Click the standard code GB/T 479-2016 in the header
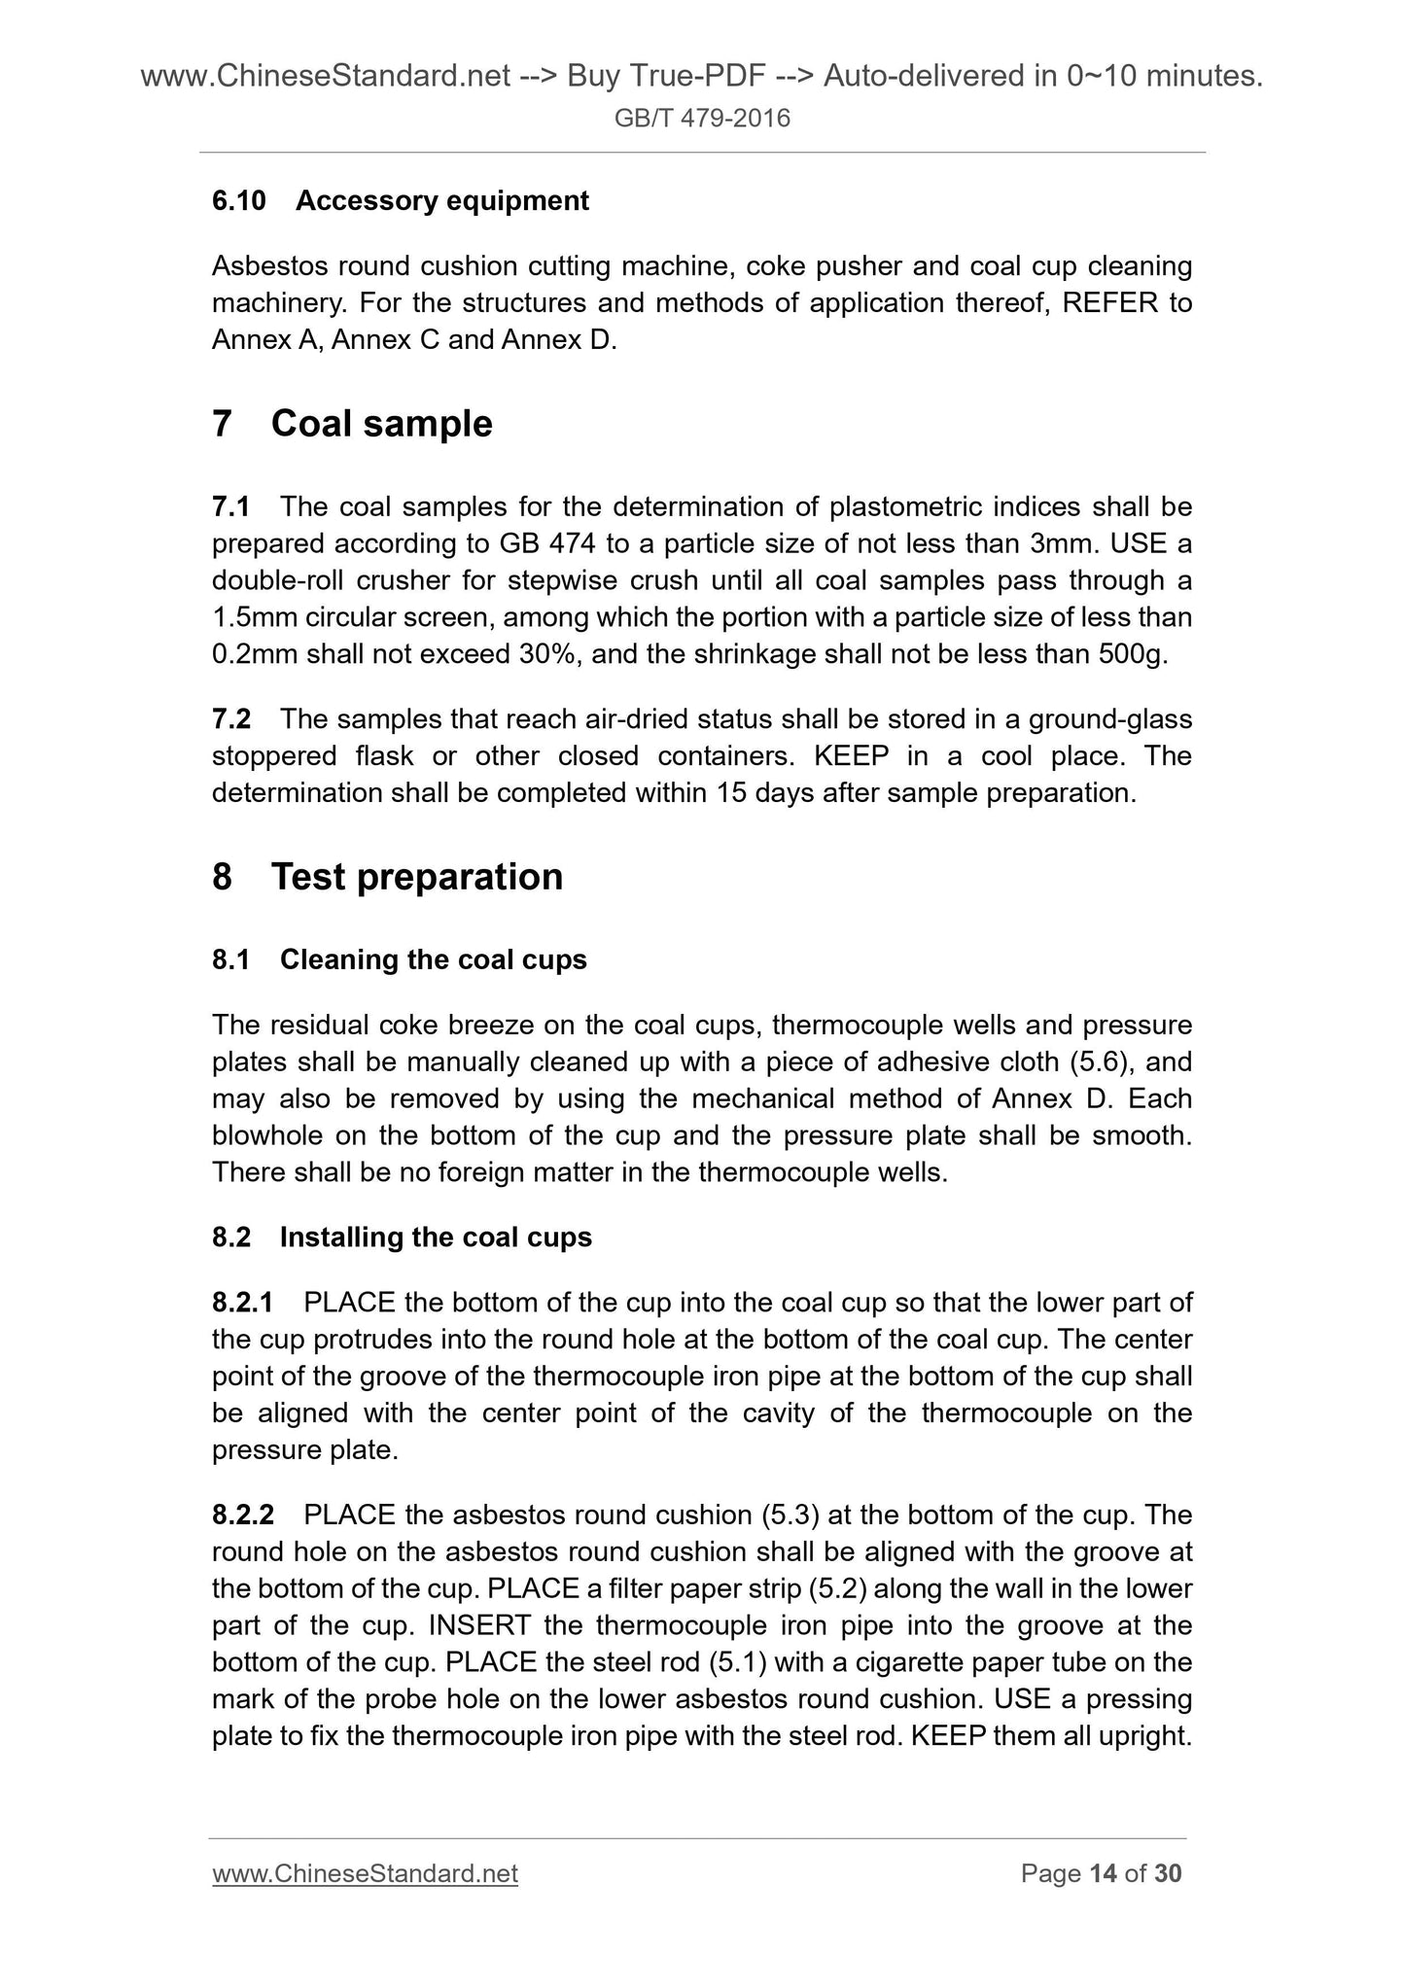coord(703,119)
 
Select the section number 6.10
coord(238,201)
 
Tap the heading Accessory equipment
coord(441,201)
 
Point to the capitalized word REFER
coord(1109,303)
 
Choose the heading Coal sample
coord(381,424)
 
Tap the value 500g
coord(1132,654)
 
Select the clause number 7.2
coord(231,719)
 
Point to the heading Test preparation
coord(416,877)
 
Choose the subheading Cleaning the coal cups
coord(433,960)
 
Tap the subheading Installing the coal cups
coord(436,1238)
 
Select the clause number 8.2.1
coord(243,1303)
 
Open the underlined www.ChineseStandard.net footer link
coord(365,1873)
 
